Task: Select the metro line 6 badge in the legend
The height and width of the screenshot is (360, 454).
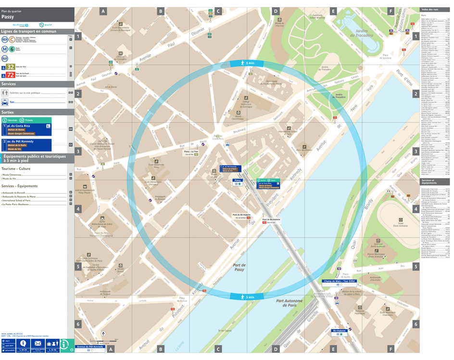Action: pyautogui.click(x=11, y=49)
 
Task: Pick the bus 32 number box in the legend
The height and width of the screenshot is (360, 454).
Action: pyautogui.click(x=10, y=67)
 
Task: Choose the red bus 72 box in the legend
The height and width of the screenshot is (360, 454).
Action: pyautogui.click(x=10, y=75)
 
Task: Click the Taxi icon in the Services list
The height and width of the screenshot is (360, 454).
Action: pyautogui.click(x=4, y=102)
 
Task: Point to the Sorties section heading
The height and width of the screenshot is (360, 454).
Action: pyautogui.click(x=8, y=112)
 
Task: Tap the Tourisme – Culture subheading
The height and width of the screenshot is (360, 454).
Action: pyautogui.click(x=16, y=169)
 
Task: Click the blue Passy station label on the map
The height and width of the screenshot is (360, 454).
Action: pyautogui.click(x=237, y=180)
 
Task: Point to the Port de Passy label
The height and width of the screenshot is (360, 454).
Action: pyautogui.click(x=239, y=267)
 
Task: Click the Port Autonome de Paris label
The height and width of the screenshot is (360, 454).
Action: pyautogui.click(x=289, y=303)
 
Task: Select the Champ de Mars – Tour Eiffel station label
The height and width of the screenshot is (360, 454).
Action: pyautogui.click(x=339, y=281)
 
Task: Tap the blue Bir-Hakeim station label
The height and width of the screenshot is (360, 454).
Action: pyautogui.click(x=340, y=331)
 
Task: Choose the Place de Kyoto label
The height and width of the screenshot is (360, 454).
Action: pyautogui.click(x=345, y=275)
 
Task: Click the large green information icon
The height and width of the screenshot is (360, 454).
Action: pyautogui.click(x=67, y=345)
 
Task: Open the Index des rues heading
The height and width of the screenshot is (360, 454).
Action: pyautogui.click(x=429, y=10)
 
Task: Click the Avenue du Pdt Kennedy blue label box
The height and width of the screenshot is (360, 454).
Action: pyautogui.click(x=90, y=347)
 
